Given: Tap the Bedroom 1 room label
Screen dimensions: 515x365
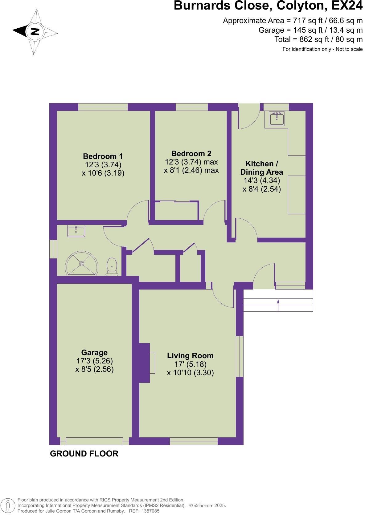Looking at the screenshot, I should (103, 156).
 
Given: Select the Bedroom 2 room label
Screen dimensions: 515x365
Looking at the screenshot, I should (191, 153).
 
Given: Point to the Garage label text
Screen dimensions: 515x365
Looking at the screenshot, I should (94, 352).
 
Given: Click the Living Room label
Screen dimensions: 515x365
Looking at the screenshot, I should (190, 356).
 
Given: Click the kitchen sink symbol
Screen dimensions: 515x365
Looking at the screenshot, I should (277, 119).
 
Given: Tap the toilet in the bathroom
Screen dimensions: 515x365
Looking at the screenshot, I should (112, 267).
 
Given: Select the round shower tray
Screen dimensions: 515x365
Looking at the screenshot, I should (82, 264).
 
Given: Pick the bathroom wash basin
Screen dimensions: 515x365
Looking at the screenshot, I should (76, 231).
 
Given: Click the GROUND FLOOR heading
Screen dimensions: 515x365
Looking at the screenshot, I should (84, 454).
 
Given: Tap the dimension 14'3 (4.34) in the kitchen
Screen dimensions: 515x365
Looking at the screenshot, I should (261, 180).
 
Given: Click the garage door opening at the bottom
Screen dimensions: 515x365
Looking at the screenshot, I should (94, 441).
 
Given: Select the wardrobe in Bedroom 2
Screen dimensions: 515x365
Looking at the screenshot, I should (177, 211).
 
